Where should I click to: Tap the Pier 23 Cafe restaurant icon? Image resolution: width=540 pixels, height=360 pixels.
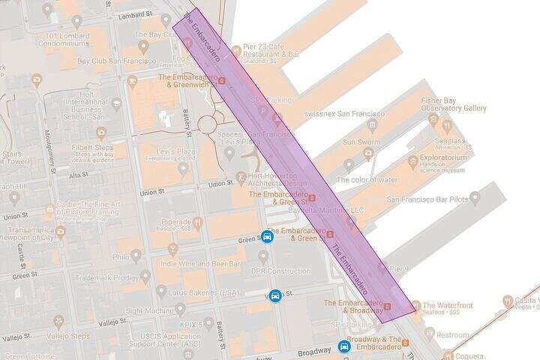(x=236, y=51)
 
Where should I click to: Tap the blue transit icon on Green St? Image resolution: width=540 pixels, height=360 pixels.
(x=267, y=238)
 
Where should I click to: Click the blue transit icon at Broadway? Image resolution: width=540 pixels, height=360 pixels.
(x=344, y=346)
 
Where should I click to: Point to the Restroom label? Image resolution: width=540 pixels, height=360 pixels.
(x=453, y=335)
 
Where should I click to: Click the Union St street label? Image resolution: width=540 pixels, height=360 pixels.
(x=220, y=183)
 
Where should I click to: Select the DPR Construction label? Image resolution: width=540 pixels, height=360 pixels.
(x=281, y=271)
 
